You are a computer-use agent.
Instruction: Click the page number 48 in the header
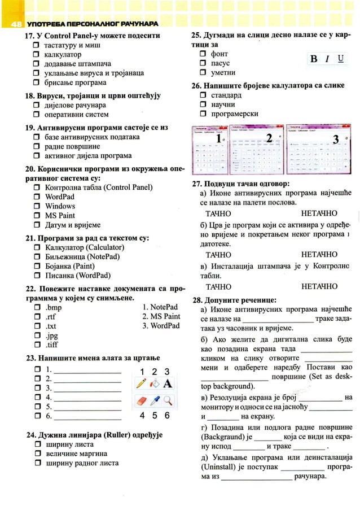[x=15, y=24]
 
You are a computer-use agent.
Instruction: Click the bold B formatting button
[x=314, y=59]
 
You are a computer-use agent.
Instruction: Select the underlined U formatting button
[x=341, y=59]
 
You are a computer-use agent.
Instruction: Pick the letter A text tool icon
[x=168, y=384]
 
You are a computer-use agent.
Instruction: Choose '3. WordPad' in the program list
[x=161, y=326]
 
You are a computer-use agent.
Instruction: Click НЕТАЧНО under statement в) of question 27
[x=319, y=286]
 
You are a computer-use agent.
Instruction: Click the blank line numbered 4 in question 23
[x=87, y=398]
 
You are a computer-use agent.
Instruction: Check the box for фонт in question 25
[x=203, y=54]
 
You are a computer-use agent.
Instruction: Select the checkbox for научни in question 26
[x=203, y=104]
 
